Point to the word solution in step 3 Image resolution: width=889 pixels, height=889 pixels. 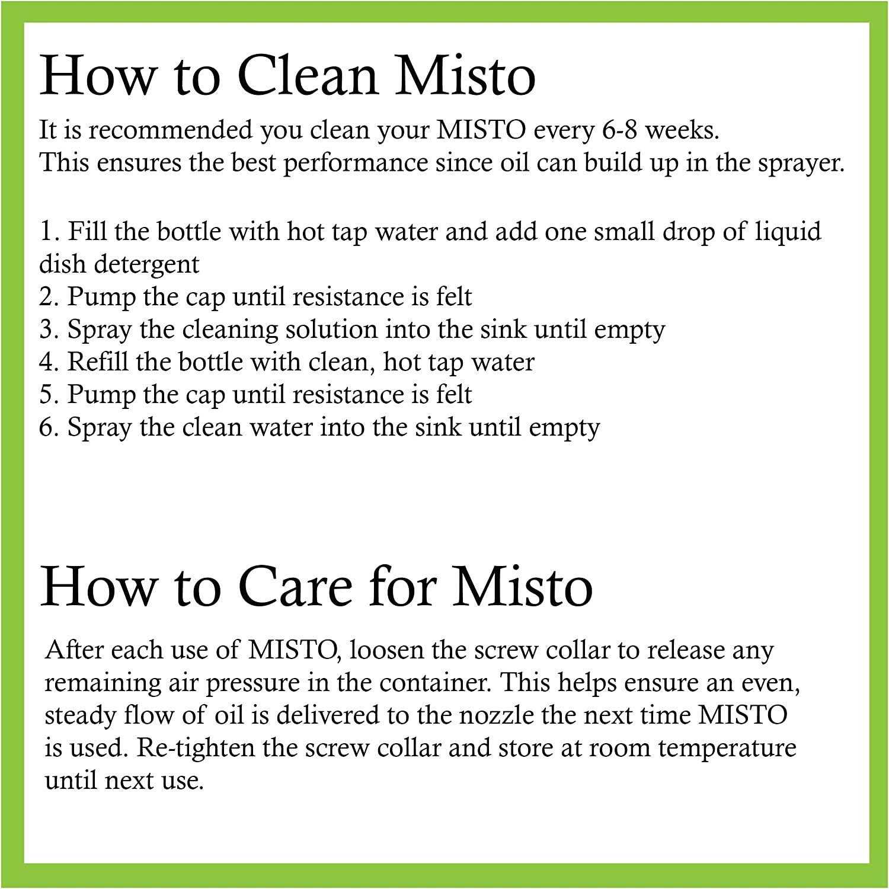tap(332, 330)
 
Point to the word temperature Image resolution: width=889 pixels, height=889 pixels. tap(727, 748)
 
